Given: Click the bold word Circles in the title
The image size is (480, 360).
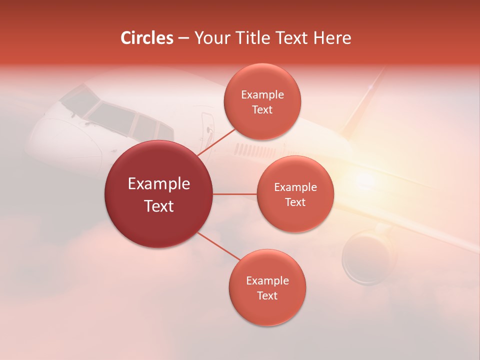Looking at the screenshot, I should tap(147, 38).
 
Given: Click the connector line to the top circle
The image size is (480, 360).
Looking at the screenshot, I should tap(216, 142).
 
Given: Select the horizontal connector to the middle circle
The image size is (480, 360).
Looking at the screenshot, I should tap(235, 194).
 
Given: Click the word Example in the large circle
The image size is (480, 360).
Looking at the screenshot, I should tap(159, 184).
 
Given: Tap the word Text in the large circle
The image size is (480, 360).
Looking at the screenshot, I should tap(159, 206).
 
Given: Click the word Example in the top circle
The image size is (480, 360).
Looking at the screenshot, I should tap(262, 95).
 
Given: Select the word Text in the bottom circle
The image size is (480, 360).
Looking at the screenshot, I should tap(267, 295).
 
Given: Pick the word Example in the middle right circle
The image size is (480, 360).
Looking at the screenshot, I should tap(295, 187).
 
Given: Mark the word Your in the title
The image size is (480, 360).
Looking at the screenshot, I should tap(210, 38).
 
